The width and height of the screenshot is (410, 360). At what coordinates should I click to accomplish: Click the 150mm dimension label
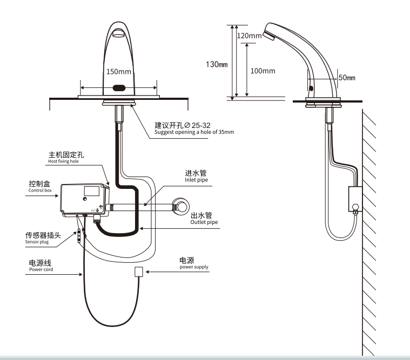pyautogui.click(x=118, y=72)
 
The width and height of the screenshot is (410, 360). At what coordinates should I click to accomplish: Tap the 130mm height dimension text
pyautogui.click(x=217, y=64)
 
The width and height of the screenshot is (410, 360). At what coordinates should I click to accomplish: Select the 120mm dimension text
pyautogui.click(x=250, y=36)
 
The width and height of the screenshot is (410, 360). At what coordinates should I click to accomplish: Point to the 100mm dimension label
pyautogui.click(x=263, y=71)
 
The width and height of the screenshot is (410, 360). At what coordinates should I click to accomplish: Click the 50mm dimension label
pyautogui.click(x=346, y=78)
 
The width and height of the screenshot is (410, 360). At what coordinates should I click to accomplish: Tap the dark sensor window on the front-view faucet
pyautogui.click(x=118, y=87)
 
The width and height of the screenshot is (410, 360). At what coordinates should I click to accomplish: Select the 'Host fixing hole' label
pyautogui.click(x=63, y=161)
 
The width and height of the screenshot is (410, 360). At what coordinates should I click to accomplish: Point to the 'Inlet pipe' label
pyautogui.click(x=196, y=180)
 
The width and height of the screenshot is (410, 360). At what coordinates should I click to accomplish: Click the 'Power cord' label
pyautogui.click(x=41, y=269)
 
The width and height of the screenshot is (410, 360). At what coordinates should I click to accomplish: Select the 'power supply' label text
pyautogui.click(x=194, y=267)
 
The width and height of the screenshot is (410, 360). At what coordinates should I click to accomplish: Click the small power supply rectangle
pyautogui.click(x=138, y=271)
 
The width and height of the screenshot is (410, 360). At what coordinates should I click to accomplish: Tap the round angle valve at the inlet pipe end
pyautogui.click(x=180, y=207)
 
